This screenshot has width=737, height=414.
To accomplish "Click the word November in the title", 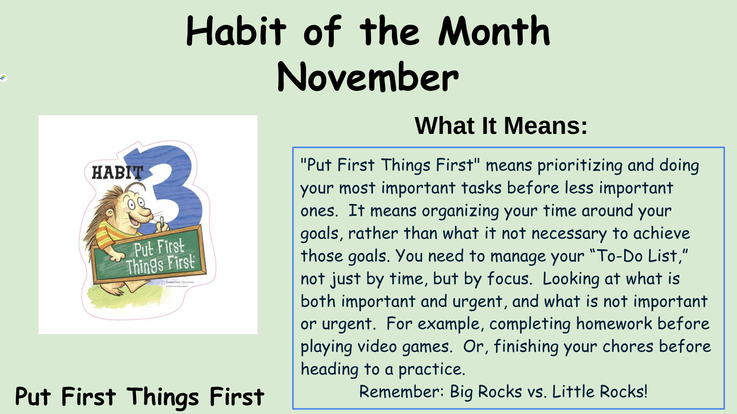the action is click(x=368, y=77).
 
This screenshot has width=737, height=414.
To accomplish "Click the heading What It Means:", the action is click(x=501, y=125).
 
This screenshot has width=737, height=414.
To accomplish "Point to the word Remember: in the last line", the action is click(x=402, y=392).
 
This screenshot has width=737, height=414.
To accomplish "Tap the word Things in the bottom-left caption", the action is click(x=163, y=397).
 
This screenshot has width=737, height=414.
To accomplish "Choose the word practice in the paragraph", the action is click(x=431, y=369).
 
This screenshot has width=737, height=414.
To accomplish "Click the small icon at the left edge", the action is click(x=3, y=78).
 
